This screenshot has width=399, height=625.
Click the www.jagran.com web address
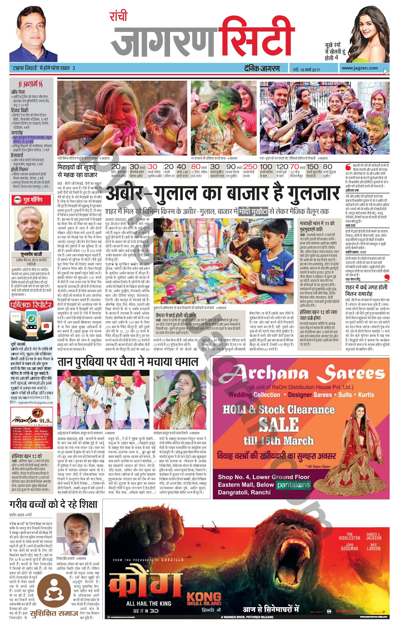pos(359,68)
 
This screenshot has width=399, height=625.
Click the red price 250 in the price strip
pos(250,167)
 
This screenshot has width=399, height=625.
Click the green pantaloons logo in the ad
pos(293,485)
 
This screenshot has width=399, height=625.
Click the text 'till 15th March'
pos(279,441)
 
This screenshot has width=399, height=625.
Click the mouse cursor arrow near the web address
pos(386,71)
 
